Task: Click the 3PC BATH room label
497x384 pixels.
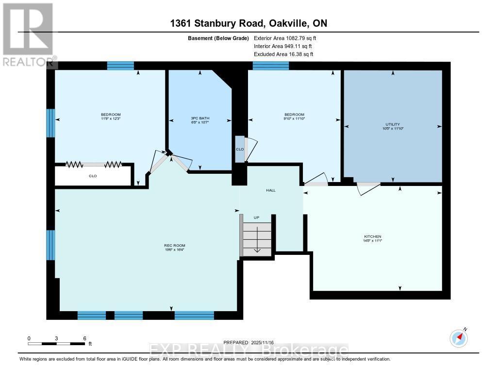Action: (x=199, y=118)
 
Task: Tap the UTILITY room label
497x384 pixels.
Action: (x=393, y=124)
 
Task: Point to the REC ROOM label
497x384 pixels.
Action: (x=171, y=246)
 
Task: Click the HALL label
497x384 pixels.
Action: (x=271, y=190)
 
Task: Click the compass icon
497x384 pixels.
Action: (x=458, y=337)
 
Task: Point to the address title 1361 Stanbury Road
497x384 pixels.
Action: (x=248, y=24)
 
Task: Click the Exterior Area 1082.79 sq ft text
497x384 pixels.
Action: (x=285, y=38)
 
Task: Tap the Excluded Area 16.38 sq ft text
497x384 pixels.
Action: (x=283, y=54)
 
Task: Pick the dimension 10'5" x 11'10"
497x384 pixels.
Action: (x=393, y=129)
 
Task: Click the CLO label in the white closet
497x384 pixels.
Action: (x=93, y=176)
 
